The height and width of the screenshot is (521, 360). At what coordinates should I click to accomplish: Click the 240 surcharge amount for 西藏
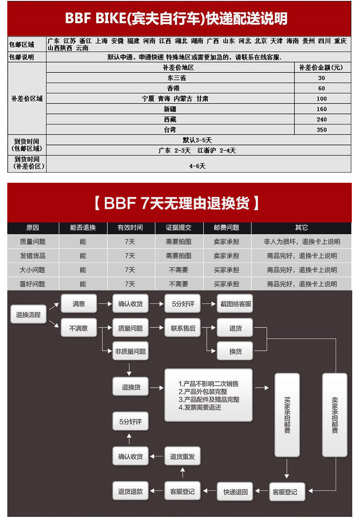pos(322,119)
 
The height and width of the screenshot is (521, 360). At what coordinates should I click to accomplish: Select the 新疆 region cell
pos(170,109)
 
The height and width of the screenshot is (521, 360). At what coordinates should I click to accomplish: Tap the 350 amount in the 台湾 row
pos(322,130)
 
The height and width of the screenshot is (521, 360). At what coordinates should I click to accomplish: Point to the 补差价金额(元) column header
pos(322,67)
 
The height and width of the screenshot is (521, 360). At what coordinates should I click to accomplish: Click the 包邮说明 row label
pos(21,57)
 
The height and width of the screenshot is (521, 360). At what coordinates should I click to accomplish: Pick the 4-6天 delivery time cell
pos(198,166)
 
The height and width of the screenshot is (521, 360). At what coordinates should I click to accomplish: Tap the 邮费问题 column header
pos(226,227)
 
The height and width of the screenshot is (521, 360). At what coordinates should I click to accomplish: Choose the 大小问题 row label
pos(33,270)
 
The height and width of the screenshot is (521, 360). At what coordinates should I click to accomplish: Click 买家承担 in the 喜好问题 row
pos(226,284)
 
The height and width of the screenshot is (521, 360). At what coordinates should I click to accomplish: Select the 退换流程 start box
pos(28,315)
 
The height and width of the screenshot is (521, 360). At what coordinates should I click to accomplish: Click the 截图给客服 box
pos(235,304)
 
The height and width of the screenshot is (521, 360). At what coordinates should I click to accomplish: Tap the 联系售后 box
pos(183,328)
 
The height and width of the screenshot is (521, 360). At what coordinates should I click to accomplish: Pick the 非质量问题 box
pos(131,351)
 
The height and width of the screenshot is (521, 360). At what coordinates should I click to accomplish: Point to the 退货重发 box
pos(182,456)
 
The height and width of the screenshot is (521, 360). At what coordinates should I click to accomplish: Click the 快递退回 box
pos(235,491)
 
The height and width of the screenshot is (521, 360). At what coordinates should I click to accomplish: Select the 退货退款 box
pos(131,491)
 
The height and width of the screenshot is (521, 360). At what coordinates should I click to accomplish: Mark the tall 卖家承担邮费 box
pos(335,415)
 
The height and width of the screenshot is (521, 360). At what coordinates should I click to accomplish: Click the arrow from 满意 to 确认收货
pos(104,304)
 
